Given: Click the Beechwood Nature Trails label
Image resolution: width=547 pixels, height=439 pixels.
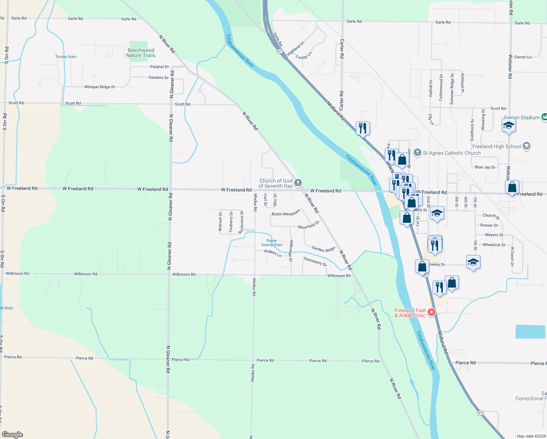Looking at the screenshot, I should click(x=141, y=53).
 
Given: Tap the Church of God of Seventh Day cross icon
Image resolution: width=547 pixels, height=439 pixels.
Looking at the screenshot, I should click(x=298, y=183).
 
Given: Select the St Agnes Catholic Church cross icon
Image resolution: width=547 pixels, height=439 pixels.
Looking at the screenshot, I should click(x=418, y=153).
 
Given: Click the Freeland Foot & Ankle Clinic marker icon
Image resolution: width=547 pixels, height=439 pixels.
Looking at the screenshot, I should click(x=431, y=312).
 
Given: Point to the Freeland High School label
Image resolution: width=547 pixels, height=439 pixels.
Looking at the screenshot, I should click(x=497, y=146).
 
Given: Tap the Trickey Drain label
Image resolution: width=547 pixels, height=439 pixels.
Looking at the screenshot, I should click(x=66, y=57).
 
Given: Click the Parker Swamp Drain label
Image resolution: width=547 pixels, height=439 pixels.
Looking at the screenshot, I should click(x=272, y=243).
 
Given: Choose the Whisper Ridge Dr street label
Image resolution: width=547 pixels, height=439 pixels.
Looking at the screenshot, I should click(x=100, y=87).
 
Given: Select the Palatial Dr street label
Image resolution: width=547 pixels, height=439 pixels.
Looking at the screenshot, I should click(x=159, y=67).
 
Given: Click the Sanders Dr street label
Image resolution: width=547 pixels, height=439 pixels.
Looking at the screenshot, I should click(x=158, y=78).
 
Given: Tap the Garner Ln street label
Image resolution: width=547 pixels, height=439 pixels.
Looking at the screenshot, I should click(x=523, y=57).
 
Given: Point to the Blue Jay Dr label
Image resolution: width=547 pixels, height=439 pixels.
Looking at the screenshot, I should click(x=485, y=167).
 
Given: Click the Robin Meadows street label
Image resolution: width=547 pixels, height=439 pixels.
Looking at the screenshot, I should click(x=286, y=213).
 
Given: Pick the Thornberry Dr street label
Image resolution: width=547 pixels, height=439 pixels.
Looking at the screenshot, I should click(x=315, y=261).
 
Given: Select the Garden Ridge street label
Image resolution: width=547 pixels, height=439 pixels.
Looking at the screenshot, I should click(x=323, y=249).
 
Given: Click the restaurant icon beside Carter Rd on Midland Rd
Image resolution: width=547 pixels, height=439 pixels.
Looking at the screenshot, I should click(x=363, y=128).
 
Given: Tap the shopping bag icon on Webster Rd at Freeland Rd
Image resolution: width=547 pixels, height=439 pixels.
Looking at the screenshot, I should click(x=512, y=187).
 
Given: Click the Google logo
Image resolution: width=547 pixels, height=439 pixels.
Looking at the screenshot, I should click(x=12, y=435).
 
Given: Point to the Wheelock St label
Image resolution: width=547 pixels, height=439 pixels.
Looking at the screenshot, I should click(x=494, y=245).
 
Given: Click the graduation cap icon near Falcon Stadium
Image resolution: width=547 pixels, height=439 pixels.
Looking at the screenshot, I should click(x=509, y=126).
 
